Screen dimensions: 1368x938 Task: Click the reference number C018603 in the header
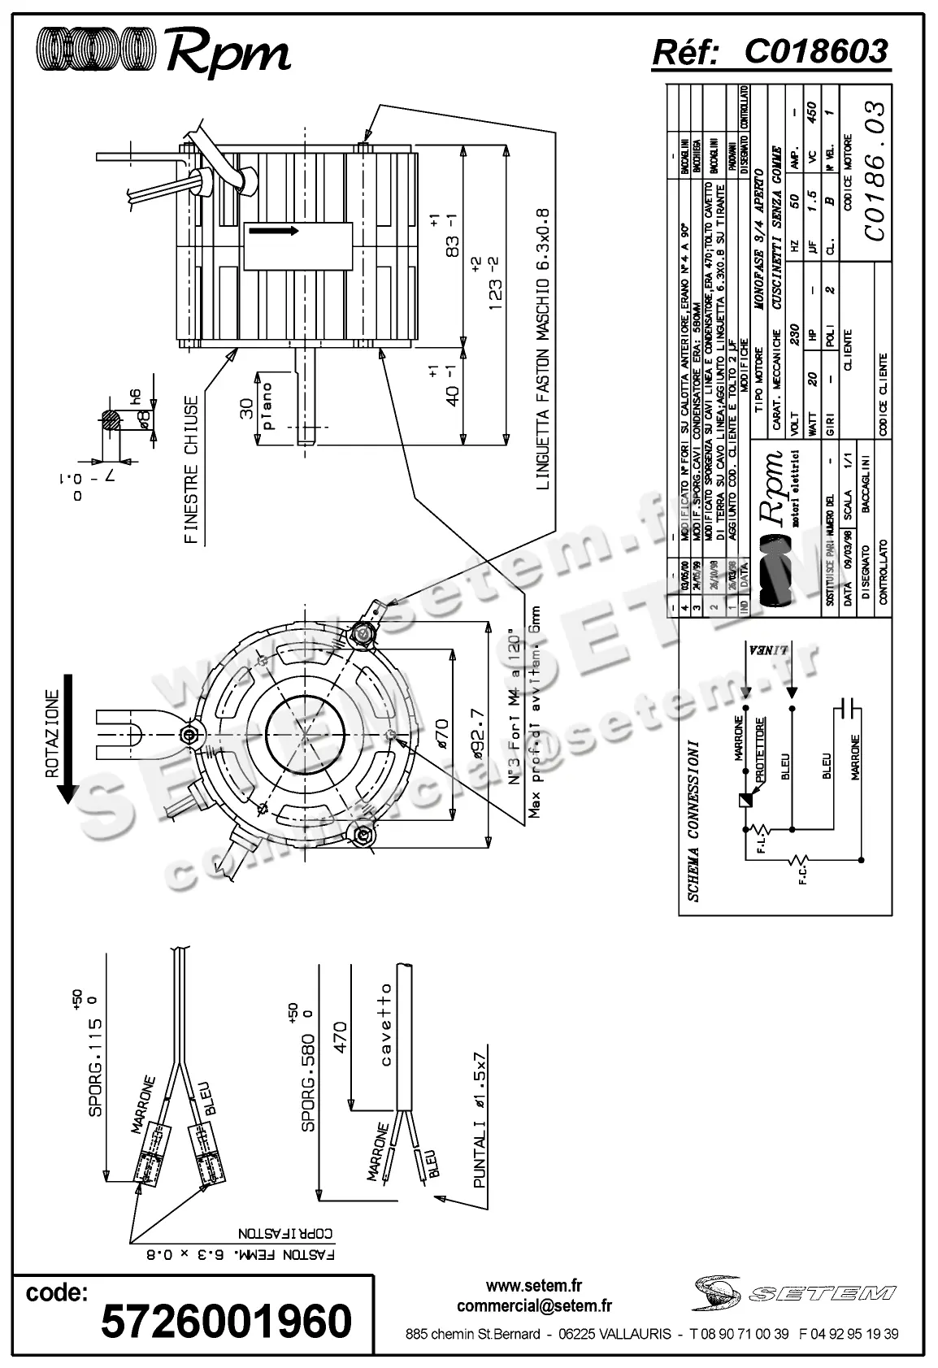click(x=815, y=51)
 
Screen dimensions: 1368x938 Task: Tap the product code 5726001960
click(x=226, y=1321)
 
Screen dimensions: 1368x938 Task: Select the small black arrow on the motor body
click(x=273, y=231)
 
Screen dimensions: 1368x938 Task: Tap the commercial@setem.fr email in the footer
click(x=534, y=1306)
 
